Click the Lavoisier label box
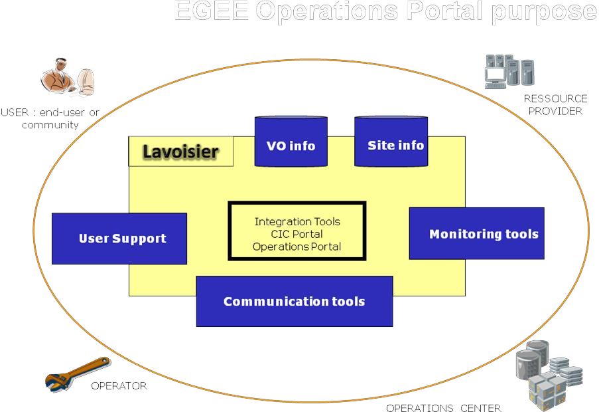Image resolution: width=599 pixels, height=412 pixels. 180,152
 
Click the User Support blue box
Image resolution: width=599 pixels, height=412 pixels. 119,239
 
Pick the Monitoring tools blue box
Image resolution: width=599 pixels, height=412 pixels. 476,233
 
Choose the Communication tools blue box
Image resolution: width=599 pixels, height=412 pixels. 294,301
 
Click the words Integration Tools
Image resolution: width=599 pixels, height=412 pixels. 297,221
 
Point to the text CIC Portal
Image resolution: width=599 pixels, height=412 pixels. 297,234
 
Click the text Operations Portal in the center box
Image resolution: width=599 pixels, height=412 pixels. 297,247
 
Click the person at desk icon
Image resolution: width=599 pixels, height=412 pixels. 68,76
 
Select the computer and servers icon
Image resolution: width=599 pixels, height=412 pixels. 509,72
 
